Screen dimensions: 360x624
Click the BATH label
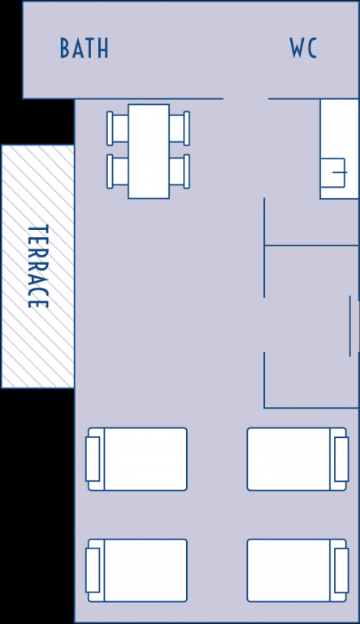point(84,48)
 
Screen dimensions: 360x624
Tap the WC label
point(303,48)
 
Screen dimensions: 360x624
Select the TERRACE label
point(38,266)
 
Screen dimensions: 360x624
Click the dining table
point(149,151)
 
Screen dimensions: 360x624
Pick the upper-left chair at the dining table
point(118,128)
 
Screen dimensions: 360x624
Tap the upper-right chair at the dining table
point(180,128)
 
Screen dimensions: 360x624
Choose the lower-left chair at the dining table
point(118,171)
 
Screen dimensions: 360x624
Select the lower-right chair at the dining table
point(180,171)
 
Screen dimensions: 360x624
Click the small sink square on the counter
point(333,172)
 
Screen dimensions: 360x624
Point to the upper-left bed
point(137,459)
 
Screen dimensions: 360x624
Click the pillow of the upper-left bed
point(93,459)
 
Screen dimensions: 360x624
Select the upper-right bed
point(297,459)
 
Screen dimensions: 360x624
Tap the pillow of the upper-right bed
point(341,459)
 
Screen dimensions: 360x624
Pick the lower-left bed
point(137,570)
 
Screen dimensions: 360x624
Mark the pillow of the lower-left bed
point(93,570)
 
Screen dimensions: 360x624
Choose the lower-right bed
point(297,570)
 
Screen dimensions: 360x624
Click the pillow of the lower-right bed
point(341,570)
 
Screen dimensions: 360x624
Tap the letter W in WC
point(297,48)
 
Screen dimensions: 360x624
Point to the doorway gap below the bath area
point(245,98)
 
